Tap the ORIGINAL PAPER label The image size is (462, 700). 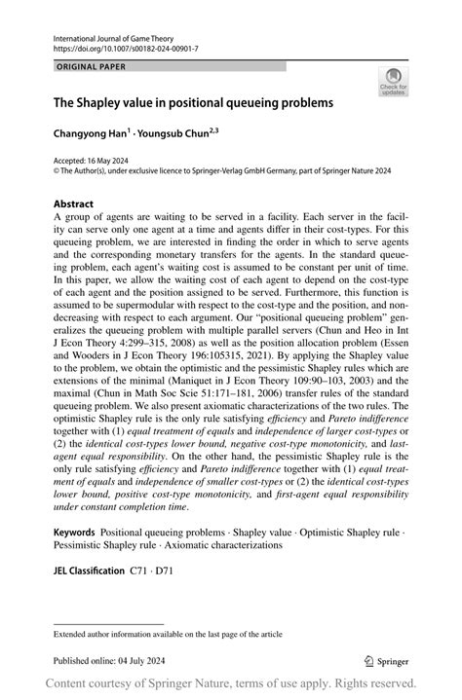[x=85, y=67]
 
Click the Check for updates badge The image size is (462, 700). [x=393, y=82]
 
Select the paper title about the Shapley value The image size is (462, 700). [x=192, y=101]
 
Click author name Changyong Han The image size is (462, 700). [x=92, y=129]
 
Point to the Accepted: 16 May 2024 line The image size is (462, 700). [x=92, y=158]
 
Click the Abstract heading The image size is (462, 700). [x=74, y=204]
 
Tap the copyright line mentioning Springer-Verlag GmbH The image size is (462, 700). [x=233, y=168]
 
